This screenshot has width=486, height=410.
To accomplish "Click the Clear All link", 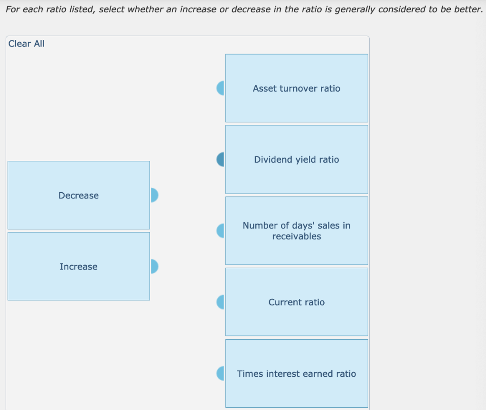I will [27, 44].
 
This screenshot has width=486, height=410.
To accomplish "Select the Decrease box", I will [79, 196].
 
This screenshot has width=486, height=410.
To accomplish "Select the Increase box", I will [79, 267].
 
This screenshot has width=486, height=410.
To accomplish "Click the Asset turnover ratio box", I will [297, 88].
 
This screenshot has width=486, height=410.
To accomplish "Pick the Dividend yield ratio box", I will [297, 159].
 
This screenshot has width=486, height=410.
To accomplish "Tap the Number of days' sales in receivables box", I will [297, 231].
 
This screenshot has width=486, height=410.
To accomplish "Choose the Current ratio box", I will [297, 302].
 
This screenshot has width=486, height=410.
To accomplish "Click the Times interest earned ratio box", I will [297, 373].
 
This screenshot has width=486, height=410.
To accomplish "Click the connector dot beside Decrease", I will [154, 195].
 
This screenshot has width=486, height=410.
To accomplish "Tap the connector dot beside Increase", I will [154, 266].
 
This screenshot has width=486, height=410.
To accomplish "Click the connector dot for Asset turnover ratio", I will [221, 88].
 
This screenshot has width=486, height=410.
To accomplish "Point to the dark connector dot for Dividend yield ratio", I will [221, 159].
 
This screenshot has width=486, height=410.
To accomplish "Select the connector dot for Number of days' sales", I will [221, 231].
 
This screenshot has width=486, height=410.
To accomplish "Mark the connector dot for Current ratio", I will [221, 302].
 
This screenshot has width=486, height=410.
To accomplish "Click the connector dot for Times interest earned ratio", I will [221, 373].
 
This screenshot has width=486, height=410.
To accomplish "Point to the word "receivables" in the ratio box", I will [297, 236].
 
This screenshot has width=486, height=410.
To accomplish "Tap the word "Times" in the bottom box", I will [249, 373].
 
